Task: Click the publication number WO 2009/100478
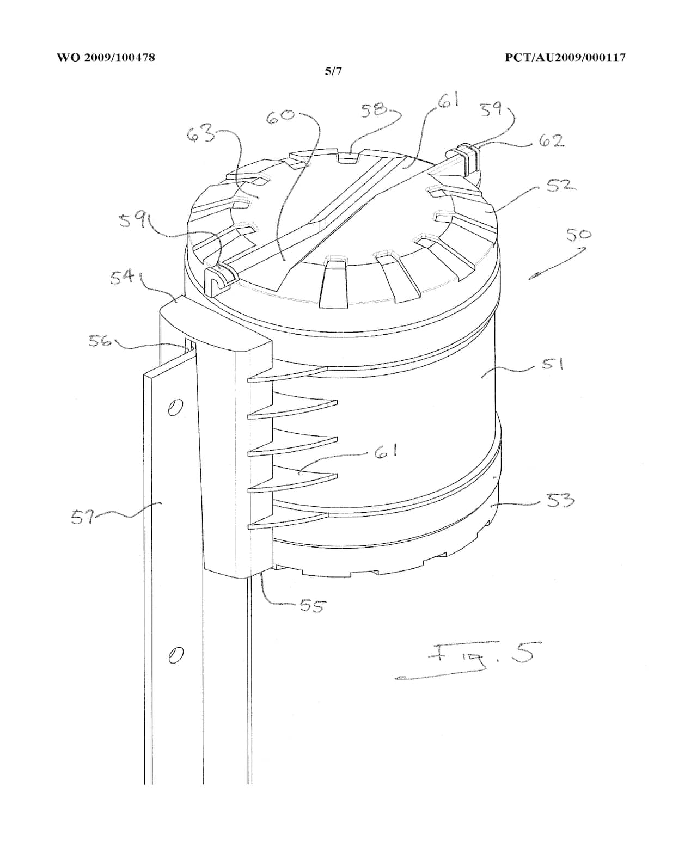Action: [x=106, y=57]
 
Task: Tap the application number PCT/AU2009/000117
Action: [x=565, y=57]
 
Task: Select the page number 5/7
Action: [x=333, y=71]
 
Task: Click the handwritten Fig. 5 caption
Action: [x=479, y=656]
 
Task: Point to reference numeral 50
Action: [x=578, y=235]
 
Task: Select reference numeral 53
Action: [x=560, y=499]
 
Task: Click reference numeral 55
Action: [x=312, y=605]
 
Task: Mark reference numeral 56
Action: [x=100, y=341]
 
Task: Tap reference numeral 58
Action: [x=375, y=110]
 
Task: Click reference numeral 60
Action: [x=280, y=115]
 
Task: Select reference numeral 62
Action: [x=551, y=141]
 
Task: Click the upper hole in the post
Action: [x=175, y=407]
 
